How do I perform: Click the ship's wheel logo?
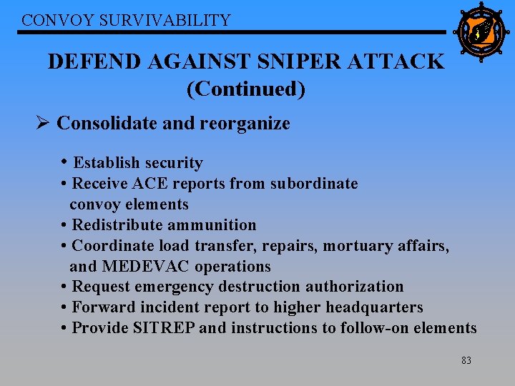pos(481,31)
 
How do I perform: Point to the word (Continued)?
pos(245,89)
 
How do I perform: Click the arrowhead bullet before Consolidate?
pos(43,123)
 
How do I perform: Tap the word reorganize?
pos(245,124)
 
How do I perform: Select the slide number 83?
pos(466,361)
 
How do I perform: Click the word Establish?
pos(106,163)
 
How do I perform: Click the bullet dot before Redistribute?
pos(65,225)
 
